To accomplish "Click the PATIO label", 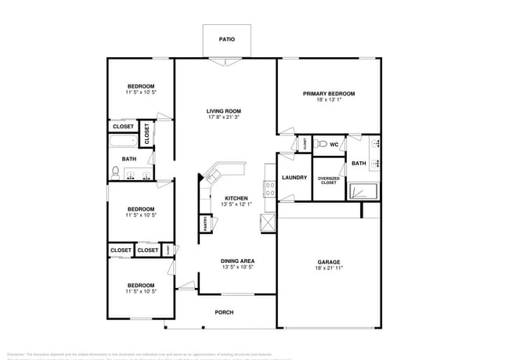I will (x=226, y=38).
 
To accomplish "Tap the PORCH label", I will (x=224, y=312).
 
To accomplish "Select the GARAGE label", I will (x=329, y=262).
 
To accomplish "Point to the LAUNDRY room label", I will (x=294, y=178).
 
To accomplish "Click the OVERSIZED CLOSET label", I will (x=328, y=181).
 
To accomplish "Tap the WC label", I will (x=334, y=145).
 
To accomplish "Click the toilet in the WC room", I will (x=319, y=145).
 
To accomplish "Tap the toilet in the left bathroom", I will (x=115, y=172).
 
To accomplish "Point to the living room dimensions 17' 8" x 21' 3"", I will (x=223, y=118).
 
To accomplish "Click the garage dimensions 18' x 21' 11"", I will (x=329, y=268).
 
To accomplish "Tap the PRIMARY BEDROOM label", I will (x=329, y=94).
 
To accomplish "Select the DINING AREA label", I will (x=236, y=261).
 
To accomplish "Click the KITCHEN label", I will (x=236, y=199).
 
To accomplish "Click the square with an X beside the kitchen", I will (x=268, y=222).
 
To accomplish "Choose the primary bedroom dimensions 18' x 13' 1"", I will (x=329, y=100).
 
